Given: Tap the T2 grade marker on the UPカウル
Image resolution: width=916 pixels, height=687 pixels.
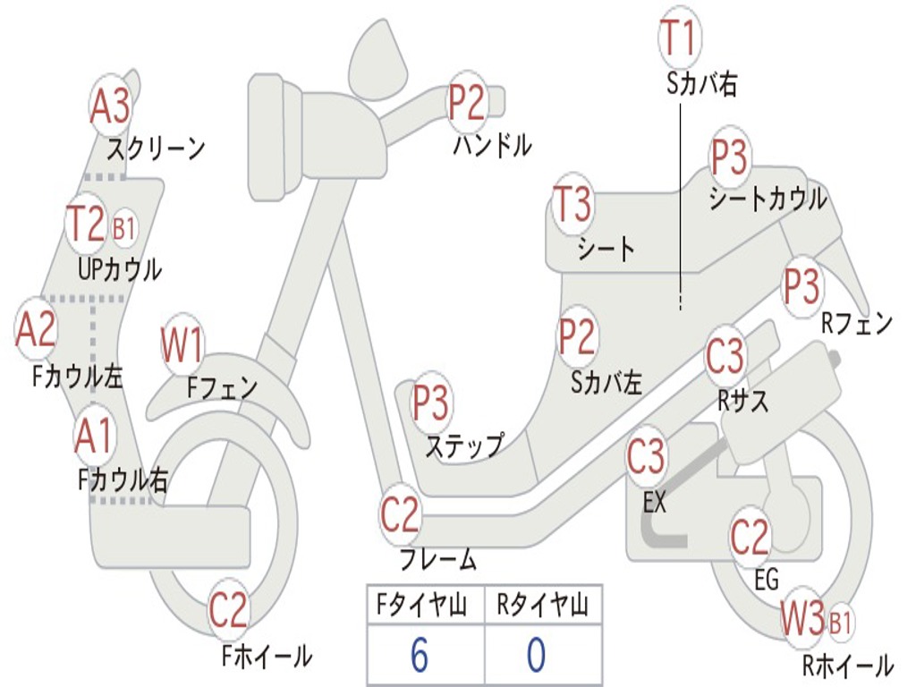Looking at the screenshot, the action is pos(88,225).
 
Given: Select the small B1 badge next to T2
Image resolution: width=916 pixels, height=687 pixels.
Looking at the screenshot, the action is pos(124,229).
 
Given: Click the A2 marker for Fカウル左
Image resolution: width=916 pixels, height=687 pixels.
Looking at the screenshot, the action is pos(37,329).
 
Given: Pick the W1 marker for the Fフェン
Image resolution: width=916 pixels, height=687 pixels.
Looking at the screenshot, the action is pos(183,345).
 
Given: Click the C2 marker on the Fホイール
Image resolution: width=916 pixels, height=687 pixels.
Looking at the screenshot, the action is pos(228,610).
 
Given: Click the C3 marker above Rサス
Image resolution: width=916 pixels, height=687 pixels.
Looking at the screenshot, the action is pos(725,356).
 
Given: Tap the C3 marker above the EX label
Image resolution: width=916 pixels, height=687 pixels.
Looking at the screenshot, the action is pos(646,458).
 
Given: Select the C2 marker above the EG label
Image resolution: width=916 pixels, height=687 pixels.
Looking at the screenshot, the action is pos(750,536).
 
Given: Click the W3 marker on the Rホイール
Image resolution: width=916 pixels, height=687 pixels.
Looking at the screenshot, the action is pos(802,619).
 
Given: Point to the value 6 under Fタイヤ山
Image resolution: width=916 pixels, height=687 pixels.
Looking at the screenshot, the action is pos(420,655).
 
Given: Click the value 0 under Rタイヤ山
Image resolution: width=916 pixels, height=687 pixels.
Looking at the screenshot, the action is pos(536,655).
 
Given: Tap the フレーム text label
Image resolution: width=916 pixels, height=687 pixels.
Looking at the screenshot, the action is pos(437,561).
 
